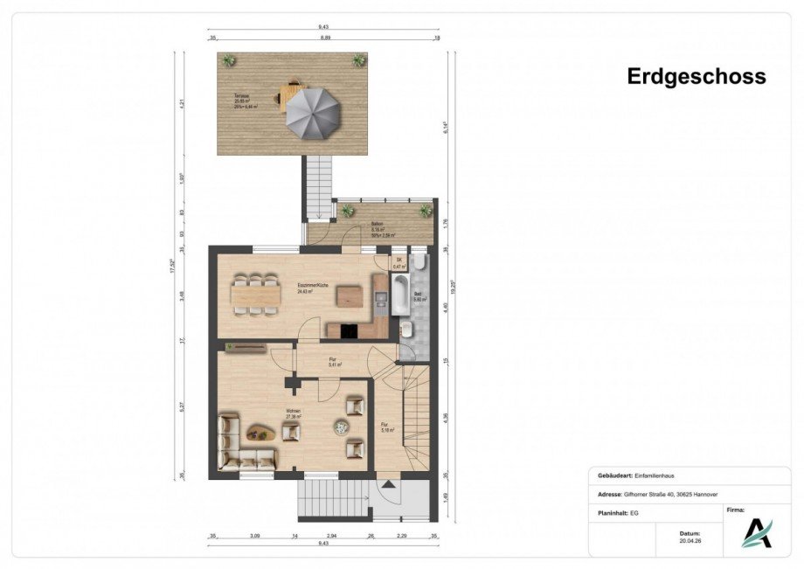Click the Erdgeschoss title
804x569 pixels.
[696, 76]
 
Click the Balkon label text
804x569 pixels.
[378, 225]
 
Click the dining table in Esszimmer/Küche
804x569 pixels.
[255, 295]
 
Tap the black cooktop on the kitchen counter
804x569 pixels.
[349, 330]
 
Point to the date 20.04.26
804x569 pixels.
[690, 539]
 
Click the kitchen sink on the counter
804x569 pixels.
[379, 300]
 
